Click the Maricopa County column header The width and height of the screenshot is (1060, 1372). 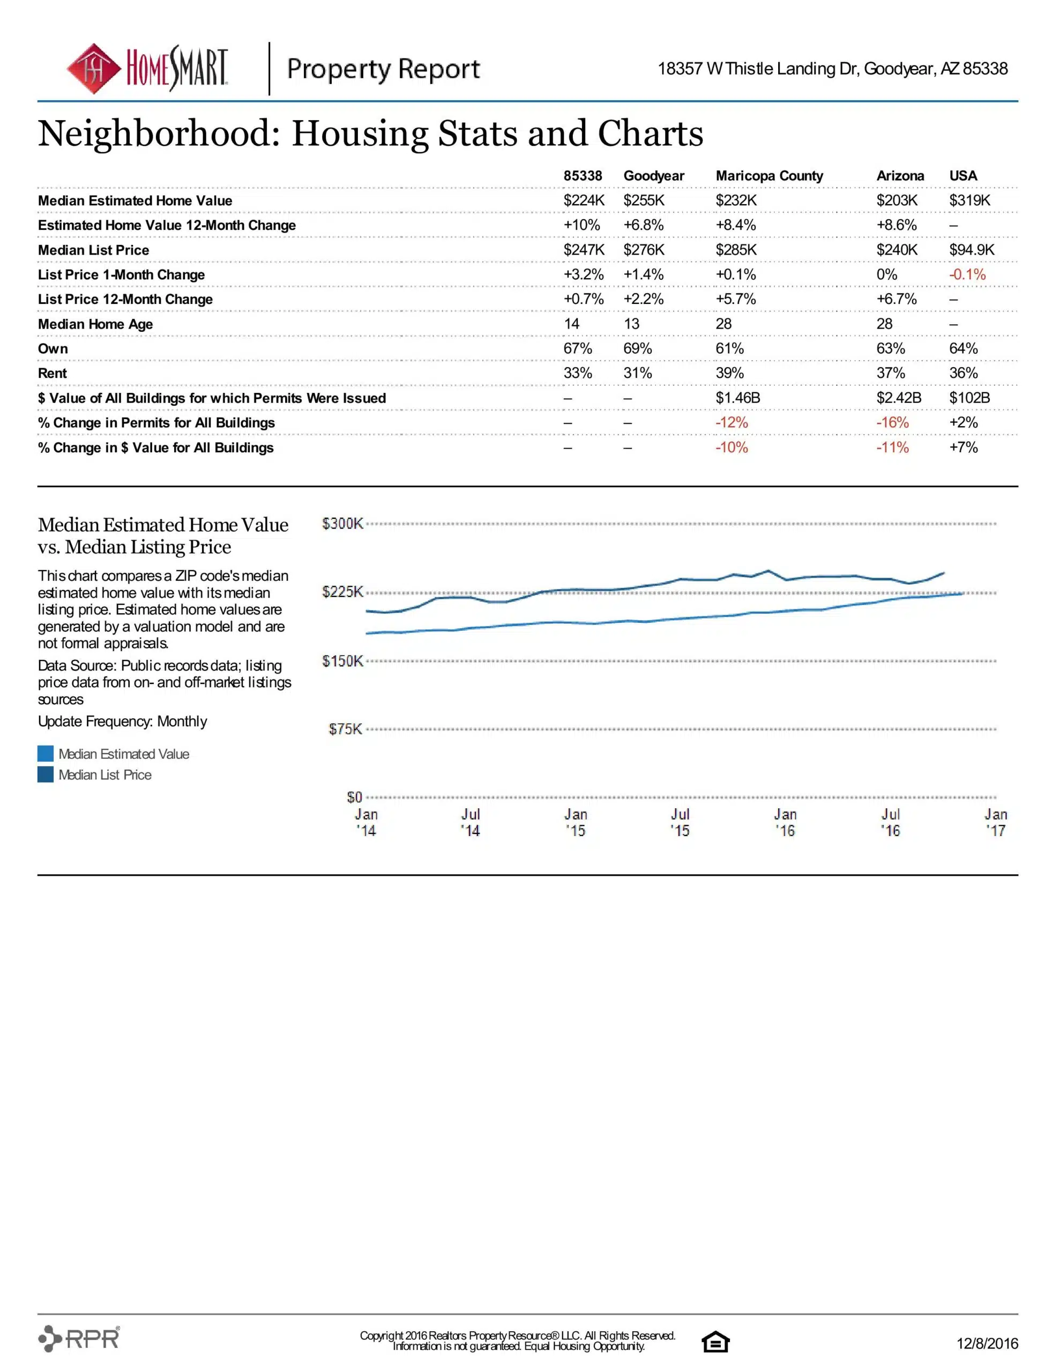769,176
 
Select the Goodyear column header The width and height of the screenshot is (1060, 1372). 653,176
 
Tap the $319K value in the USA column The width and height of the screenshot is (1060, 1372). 969,200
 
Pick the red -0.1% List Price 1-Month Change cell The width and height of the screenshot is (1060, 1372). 967,274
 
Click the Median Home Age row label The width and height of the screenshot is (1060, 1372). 95,324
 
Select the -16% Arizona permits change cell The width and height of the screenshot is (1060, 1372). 892,423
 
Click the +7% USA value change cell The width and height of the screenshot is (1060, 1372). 963,448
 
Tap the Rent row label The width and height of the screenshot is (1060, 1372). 52,373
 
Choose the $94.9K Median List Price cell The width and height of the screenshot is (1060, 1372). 972,250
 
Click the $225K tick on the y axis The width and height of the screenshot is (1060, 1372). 342,592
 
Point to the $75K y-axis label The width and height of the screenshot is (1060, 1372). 346,729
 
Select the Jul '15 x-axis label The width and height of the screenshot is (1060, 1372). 680,822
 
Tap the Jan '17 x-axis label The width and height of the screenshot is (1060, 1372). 995,822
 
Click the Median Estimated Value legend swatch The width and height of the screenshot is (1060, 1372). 45,754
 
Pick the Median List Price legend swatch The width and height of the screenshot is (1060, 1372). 45,774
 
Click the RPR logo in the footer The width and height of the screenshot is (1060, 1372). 79,1338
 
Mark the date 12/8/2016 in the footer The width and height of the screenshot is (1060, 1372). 987,1343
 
